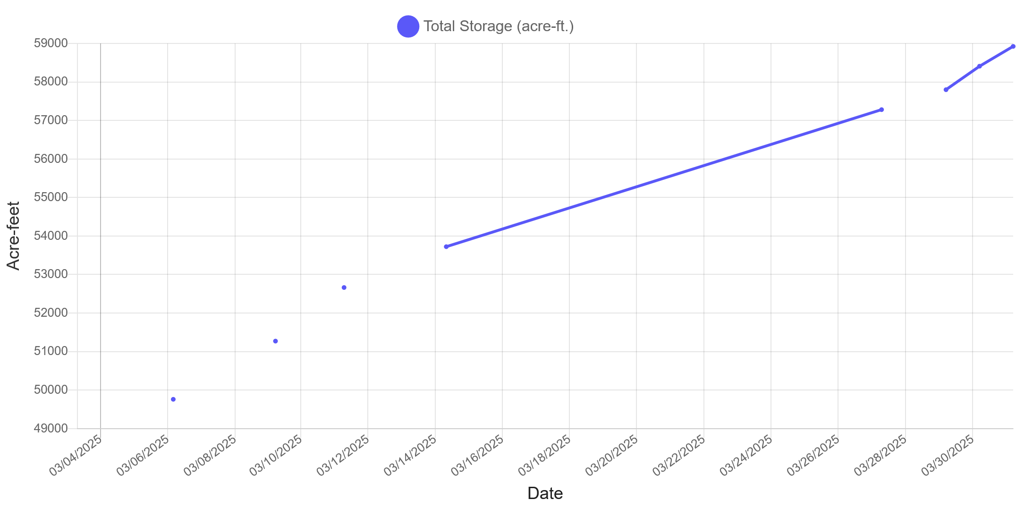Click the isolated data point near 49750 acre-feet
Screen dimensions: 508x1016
[x=173, y=399]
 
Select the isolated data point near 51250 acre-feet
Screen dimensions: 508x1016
[x=276, y=341]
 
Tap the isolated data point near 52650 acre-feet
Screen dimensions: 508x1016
[x=344, y=288]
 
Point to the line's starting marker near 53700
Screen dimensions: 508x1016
[x=446, y=246]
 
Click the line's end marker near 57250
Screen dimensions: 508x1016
[x=881, y=110]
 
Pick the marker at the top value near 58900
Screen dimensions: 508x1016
[x=1013, y=46]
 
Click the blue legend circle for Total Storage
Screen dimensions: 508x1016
[x=408, y=26]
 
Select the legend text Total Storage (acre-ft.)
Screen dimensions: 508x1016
[x=499, y=26]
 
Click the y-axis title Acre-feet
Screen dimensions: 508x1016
[x=13, y=236]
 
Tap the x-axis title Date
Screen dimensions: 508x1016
[x=545, y=493]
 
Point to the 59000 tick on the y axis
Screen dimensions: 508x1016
[x=51, y=43]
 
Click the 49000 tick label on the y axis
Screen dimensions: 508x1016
[x=51, y=428]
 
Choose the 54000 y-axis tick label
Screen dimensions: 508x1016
[x=51, y=236]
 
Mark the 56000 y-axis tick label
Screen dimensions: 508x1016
[x=51, y=159]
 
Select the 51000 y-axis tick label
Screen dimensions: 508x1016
[x=51, y=351]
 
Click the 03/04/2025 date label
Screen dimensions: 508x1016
[x=76, y=456]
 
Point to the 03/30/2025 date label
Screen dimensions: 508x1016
[x=948, y=456]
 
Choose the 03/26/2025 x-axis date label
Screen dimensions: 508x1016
[x=814, y=456]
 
